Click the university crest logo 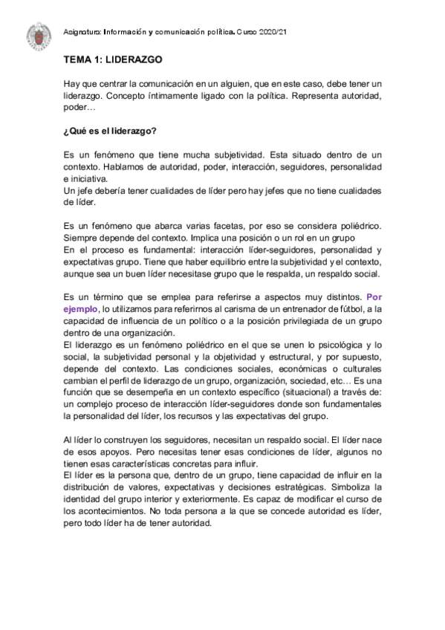click(38, 34)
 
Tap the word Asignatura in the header click(82, 33)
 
